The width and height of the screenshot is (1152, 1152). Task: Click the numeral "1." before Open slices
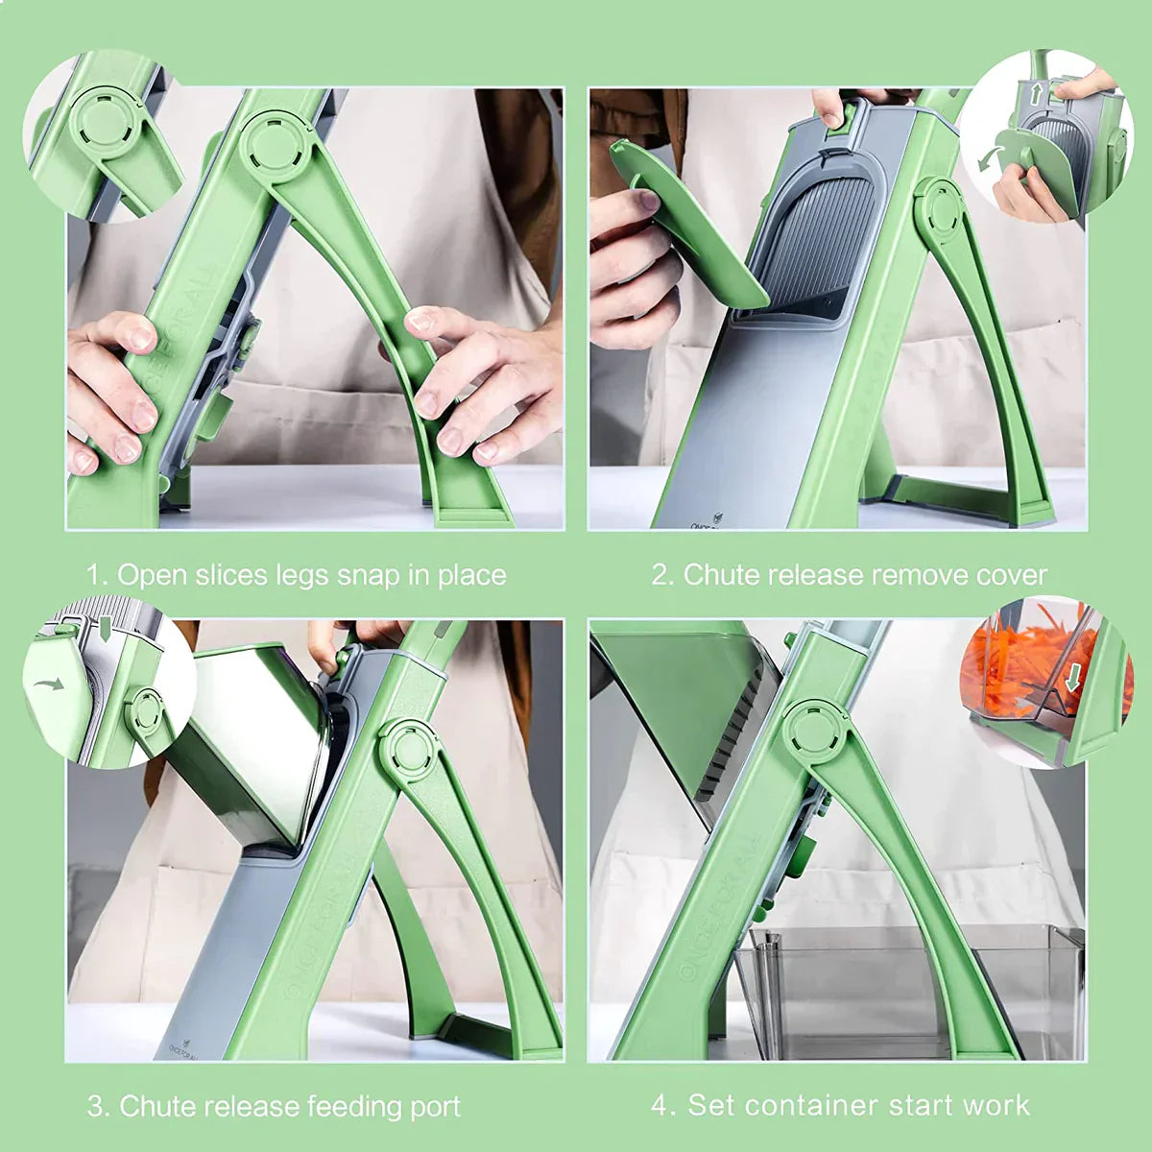point(97,576)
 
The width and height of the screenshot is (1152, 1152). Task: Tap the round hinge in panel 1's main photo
point(276,144)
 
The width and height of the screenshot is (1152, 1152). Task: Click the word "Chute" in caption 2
point(716,576)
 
